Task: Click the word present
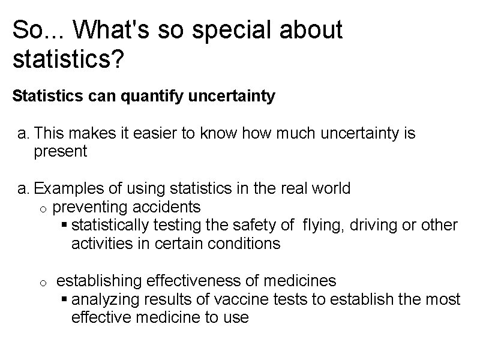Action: click(x=61, y=151)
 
